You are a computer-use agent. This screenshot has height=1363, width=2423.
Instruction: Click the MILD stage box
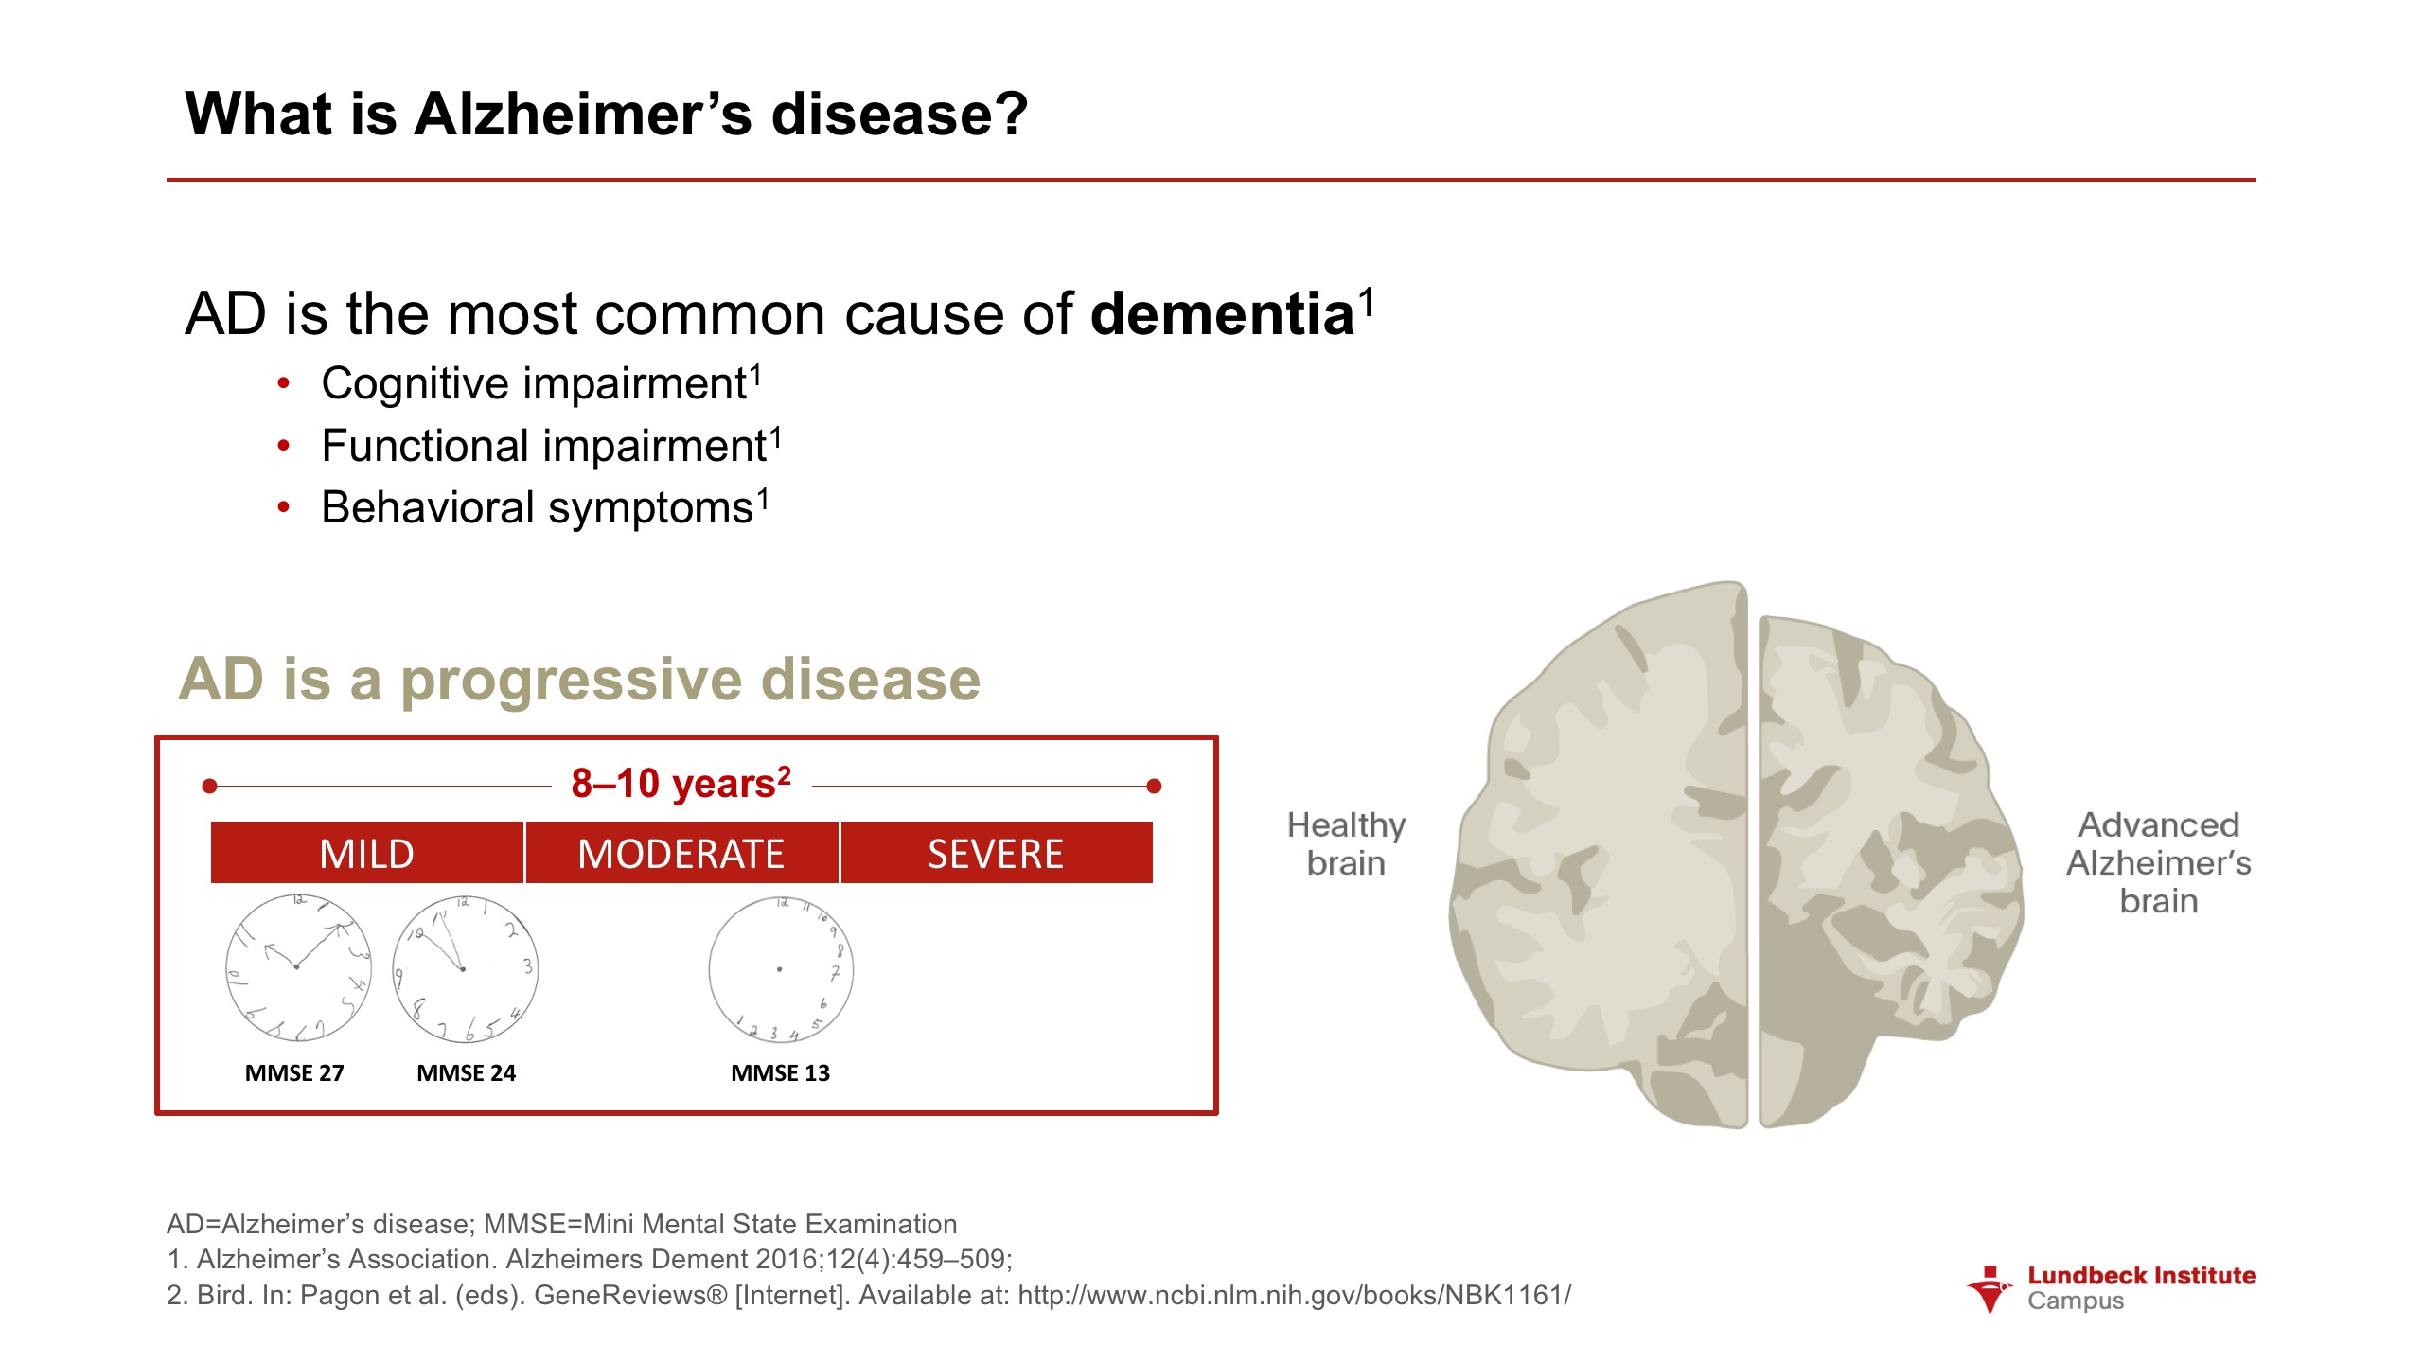[x=366, y=853]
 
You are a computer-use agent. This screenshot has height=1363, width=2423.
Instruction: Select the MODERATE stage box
[x=681, y=853]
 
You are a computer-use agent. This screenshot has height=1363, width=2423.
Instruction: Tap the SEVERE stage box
[x=997, y=853]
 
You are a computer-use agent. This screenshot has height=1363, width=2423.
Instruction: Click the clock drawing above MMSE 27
[x=298, y=967]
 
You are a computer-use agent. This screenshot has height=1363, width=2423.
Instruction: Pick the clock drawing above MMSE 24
[x=465, y=968]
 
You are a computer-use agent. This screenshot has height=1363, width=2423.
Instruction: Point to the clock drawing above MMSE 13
[x=781, y=969]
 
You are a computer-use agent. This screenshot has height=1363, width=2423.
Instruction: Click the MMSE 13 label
[x=780, y=1073]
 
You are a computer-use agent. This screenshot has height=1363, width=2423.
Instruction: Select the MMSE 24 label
[x=466, y=1073]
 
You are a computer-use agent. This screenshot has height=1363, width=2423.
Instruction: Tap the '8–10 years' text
[x=681, y=784]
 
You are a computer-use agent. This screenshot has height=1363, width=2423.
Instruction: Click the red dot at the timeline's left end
[x=210, y=786]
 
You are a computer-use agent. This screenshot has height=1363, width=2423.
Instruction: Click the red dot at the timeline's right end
[x=1154, y=786]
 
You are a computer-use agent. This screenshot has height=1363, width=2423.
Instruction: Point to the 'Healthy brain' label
[x=1346, y=844]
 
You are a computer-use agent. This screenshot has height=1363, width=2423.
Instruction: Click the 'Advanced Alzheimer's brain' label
[x=2158, y=862]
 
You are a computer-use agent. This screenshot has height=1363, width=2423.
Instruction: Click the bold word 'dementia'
[x=1222, y=314]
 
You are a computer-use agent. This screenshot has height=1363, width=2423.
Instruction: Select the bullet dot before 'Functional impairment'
[x=283, y=446]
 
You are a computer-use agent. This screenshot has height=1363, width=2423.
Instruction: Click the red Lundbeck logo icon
[x=1990, y=1289]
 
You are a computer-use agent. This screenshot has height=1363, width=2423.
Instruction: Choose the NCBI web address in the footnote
[x=1294, y=1295]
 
